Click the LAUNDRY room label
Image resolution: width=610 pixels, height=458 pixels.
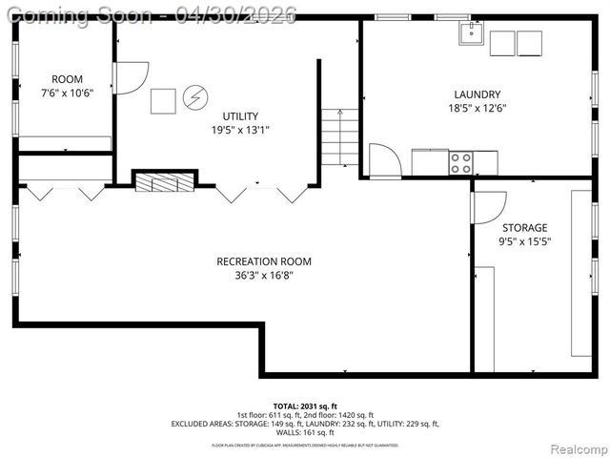point(478,94)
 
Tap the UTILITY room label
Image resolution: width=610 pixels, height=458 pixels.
point(240,115)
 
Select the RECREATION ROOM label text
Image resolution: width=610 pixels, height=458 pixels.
point(264,261)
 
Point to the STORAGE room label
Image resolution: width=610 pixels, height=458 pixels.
point(525,228)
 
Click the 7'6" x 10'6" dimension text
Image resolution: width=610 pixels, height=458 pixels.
point(67,94)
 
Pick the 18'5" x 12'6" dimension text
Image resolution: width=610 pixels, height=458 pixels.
point(478,109)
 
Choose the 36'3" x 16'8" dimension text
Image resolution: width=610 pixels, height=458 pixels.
point(264,276)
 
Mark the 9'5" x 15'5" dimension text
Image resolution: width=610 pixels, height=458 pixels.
point(525,241)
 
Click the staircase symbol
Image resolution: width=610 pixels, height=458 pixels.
point(339,136)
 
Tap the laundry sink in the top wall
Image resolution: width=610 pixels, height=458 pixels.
point(471,34)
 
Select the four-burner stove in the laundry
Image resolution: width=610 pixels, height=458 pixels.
point(461,163)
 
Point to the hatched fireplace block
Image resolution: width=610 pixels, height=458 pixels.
point(164,181)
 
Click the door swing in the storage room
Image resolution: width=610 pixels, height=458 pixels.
point(488,206)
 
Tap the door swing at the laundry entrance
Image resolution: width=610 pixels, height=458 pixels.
point(385,160)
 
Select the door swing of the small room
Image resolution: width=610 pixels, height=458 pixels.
point(131,76)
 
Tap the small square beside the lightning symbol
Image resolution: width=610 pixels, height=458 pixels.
point(163,100)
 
